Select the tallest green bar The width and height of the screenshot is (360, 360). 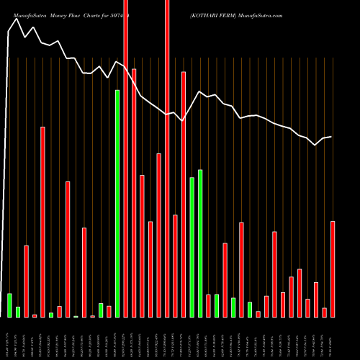tap(117, 203)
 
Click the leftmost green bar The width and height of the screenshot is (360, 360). tap(9, 305)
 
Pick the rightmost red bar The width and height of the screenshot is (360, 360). tap(333, 269)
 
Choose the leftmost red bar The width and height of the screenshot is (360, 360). tap(26, 281)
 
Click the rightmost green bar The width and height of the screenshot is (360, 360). tap(250, 310)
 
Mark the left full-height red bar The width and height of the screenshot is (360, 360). tap(126, 158)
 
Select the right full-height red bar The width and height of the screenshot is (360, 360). tap(167, 158)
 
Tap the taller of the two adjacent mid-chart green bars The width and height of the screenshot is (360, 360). tap(200, 243)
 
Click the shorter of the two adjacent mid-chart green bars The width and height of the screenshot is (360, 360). tap(192, 247)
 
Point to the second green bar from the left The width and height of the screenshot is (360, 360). tap(18, 312)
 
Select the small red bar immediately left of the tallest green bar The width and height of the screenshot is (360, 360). tap(109, 311)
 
